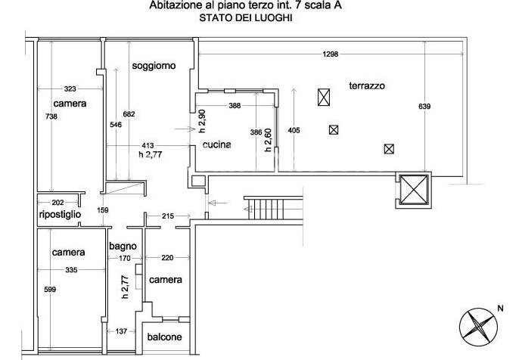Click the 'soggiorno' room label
154,66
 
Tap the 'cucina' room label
216,144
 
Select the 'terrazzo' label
367,86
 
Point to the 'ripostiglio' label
60,215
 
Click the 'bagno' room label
123,247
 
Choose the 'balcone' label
164,337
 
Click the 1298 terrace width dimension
331,54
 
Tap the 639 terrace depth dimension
424,107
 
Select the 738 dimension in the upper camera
51,116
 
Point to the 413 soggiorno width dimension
148,145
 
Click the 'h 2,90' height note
202,122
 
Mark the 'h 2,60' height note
268,140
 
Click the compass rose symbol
478,327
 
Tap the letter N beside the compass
500,309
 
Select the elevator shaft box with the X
414,190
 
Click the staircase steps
266,209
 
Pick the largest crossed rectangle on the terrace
324,98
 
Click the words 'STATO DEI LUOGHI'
246,18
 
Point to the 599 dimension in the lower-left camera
50,290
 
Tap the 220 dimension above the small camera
167,258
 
